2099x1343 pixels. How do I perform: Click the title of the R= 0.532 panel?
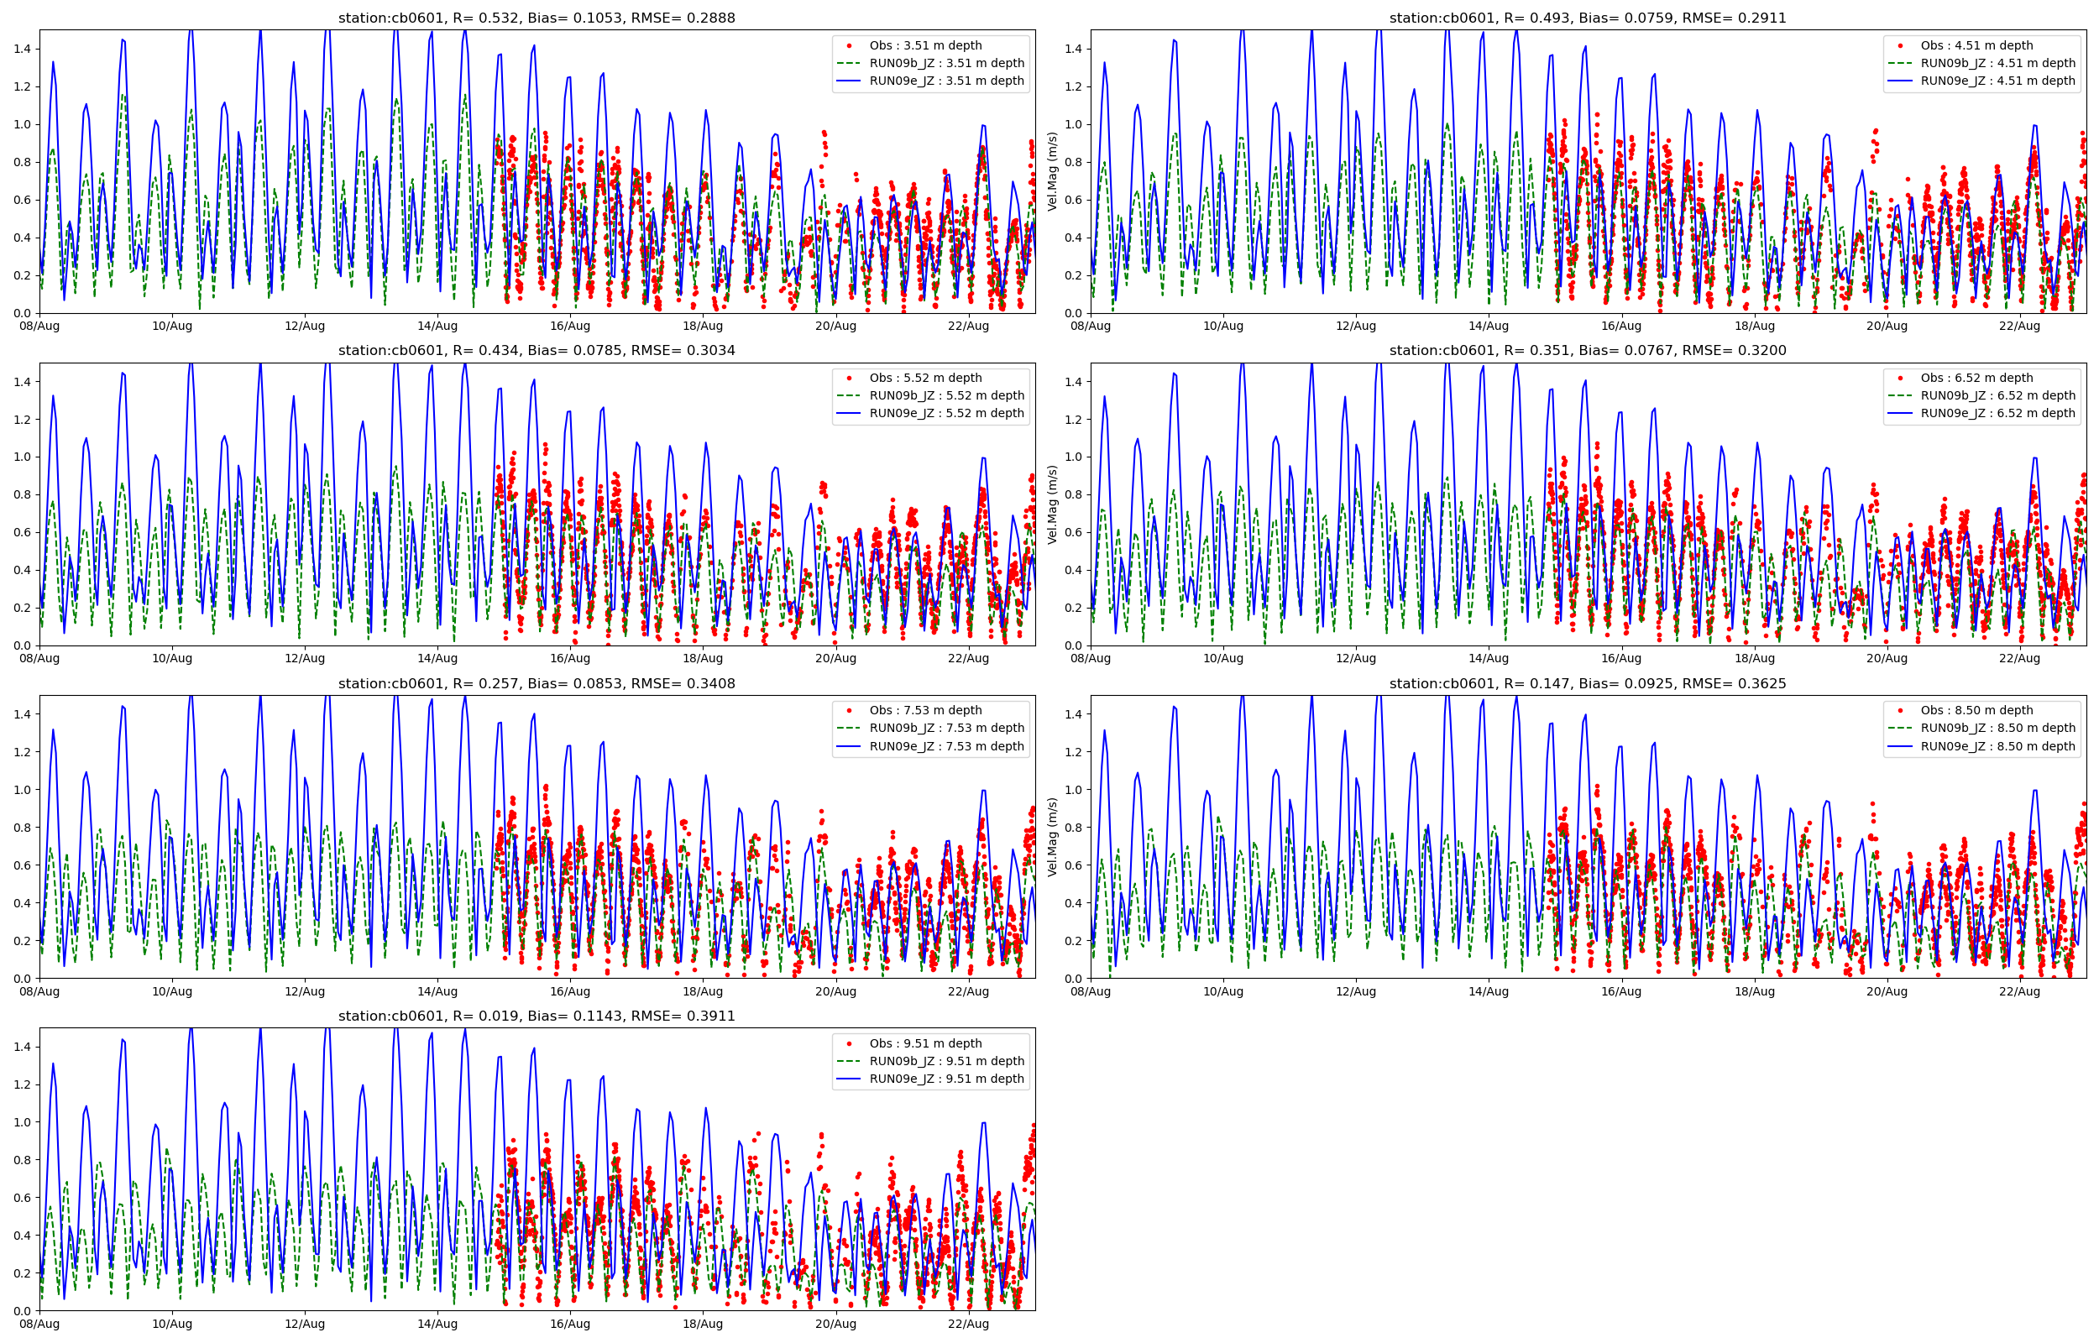coord(537,18)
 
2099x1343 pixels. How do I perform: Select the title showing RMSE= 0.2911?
coord(1587,18)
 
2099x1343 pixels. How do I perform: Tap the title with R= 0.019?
coord(537,1016)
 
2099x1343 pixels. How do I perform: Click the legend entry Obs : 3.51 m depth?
coord(924,45)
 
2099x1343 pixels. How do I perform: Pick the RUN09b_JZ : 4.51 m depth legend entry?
coord(1997,64)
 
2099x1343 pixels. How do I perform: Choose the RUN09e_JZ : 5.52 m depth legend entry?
coord(946,413)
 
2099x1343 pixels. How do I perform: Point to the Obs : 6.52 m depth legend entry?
coord(1976,379)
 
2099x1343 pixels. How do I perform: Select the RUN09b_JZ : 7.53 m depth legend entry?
coord(946,729)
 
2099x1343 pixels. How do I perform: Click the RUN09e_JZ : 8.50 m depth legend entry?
coord(1997,746)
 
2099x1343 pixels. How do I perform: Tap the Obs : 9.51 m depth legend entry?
coord(924,1044)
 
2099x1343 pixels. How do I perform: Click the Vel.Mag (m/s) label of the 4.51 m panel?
coord(1053,172)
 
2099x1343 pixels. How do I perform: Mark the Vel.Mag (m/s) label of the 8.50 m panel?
coord(1053,837)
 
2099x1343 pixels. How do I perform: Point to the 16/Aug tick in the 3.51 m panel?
coord(569,327)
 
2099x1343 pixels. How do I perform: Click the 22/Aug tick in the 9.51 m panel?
coord(968,1325)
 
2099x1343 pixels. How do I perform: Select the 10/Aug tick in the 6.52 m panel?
coord(1222,658)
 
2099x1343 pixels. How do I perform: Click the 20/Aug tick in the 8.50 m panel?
coord(1887,991)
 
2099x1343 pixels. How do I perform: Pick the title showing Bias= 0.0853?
coord(537,684)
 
